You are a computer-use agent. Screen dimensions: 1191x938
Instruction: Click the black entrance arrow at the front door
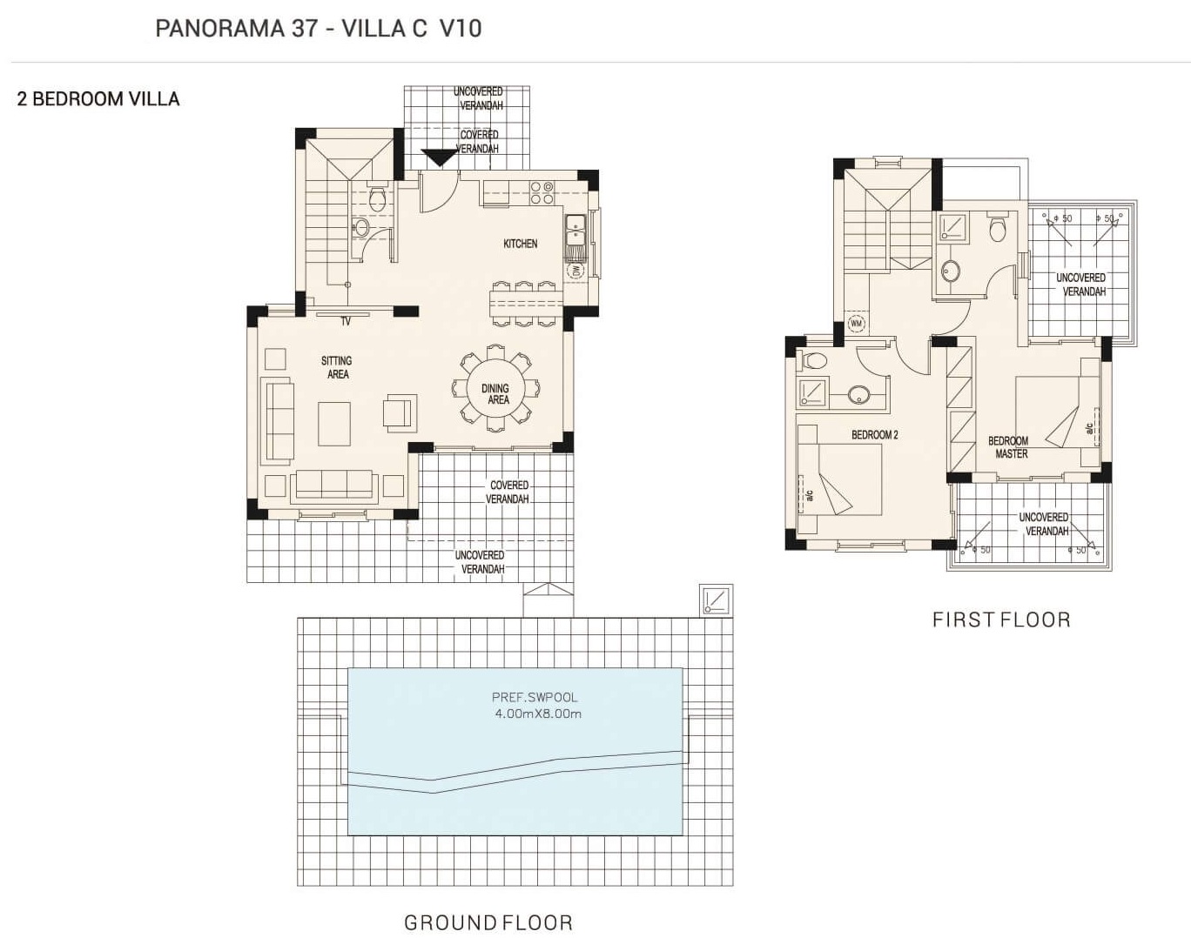[x=438, y=157]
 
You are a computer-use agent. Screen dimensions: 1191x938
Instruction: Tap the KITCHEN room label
[x=521, y=244]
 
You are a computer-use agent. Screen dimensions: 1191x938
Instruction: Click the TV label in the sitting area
[x=346, y=321]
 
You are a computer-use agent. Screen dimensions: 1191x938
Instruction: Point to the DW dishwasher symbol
[x=575, y=271]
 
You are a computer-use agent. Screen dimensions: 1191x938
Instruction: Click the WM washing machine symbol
[x=857, y=323]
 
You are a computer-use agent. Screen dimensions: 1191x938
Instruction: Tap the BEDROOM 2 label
[x=874, y=435]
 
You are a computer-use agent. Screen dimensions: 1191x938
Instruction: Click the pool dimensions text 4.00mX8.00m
[x=538, y=714]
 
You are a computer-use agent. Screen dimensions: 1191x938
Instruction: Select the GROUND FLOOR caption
[x=488, y=922]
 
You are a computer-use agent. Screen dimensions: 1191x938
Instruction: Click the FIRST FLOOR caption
[x=1002, y=620]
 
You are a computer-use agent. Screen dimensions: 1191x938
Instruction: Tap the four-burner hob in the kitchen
[x=542, y=192]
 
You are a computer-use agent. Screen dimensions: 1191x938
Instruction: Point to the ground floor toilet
[x=377, y=199]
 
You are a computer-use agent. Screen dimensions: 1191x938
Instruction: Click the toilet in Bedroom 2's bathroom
[x=812, y=361]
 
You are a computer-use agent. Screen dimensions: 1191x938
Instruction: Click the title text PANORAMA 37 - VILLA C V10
[x=319, y=29]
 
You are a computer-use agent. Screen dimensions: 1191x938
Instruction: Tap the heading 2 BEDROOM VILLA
[x=98, y=99]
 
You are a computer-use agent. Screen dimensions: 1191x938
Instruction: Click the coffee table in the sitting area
[x=334, y=424]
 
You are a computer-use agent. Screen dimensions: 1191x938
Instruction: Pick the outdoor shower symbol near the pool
[x=717, y=600]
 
